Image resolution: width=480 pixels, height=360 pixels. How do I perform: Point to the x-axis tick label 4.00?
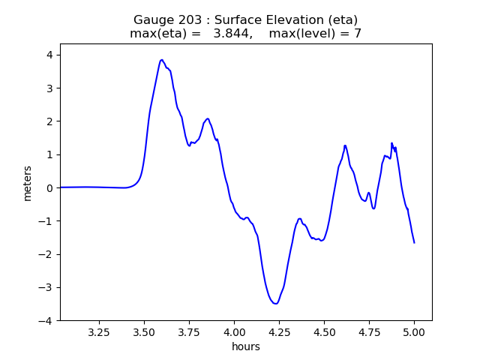pyautogui.click(x=234, y=331)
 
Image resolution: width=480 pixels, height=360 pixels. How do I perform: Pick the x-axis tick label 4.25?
pyautogui.click(x=279, y=331)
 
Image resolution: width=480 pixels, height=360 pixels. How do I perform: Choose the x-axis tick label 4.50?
pyautogui.click(x=324, y=331)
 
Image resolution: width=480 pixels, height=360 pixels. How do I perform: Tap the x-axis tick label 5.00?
pyautogui.click(x=414, y=331)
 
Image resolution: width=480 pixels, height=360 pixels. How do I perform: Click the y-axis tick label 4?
pyautogui.click(x=49, y=55)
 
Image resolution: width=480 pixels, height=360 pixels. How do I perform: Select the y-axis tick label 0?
pyautogui.click(x=49, y=187)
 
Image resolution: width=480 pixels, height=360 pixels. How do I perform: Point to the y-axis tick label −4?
pyautogui.click(x=46, y=320)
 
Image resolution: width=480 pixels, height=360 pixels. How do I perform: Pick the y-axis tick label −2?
pyautogui.click(x=46, y=254)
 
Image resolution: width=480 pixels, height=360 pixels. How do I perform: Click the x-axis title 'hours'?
pyautogui.click(x=246, y=346)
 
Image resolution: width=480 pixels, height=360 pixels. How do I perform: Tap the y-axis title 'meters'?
pyautogui.click(x=28, y=182)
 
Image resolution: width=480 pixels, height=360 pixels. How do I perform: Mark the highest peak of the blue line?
pyautogui.click(x=161, y=60)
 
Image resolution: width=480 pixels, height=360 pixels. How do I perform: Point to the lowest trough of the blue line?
pyautogui.click(x=276, y=304)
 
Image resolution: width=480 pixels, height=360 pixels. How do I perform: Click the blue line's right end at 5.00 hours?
pyautogui.click(x=414, y=242)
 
